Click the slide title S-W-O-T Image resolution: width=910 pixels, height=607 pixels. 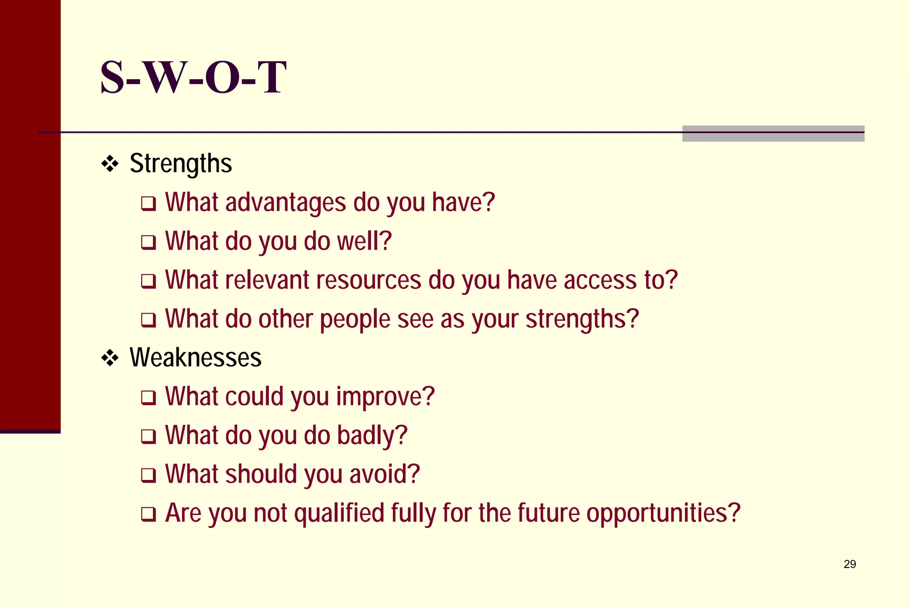point(193,78)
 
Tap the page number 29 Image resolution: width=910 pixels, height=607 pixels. point(850,564)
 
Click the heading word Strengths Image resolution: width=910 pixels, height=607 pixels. point(180,164)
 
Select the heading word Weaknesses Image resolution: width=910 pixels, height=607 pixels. point(196,358)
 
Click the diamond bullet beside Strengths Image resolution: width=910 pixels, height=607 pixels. point(110,164)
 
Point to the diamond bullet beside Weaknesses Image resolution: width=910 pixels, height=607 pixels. point(110,358)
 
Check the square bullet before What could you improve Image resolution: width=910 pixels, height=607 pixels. point(148,398)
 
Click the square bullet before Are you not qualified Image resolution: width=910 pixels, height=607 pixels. point(148,514)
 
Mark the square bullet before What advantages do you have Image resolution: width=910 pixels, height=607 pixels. point(148,204)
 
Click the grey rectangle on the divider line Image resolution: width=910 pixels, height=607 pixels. point(773,133)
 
